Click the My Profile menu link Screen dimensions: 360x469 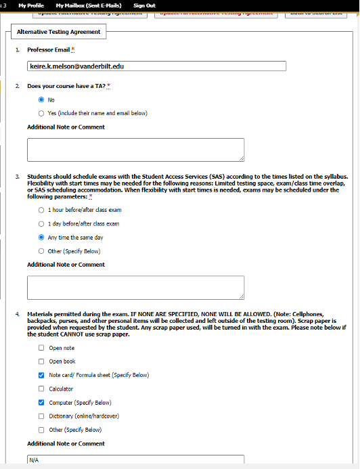pyautogui.click(x=30, y=5)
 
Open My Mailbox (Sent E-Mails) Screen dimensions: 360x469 pyautogui.click(x=85, y=5)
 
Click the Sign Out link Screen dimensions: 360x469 pyautogui.click(x=144, y=5)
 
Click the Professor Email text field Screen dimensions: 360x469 pyautogui.click(x=135, y=66)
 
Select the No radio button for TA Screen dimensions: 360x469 pyautogui.click(x=41, y=99)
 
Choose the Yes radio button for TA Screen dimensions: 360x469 pyautogui.click(x=41, y=113)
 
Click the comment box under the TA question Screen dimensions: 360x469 pyautogui.click(x=135, y=149)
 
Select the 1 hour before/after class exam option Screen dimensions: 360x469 pyautogui.click(x=41, y=210)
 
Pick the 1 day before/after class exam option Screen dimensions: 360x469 pyautogui.click(x=41, y=223)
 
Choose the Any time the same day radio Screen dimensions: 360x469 pyautogui.click(x=41, y=238)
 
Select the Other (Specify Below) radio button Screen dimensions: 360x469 pyautogui.click(x=41, y=251)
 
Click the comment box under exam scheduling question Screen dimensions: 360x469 pyautogui.click(x=135, y=287)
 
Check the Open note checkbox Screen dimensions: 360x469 pyautogui.click(x=41, y=348)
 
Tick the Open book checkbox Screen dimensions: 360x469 pyautogui.click(x=41, y=361)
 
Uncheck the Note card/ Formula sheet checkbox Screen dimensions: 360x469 pyautogui.click(x=41, y=375)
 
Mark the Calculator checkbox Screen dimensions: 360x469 pyautogui.click(x=41, y=389)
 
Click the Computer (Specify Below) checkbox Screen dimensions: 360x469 pyautogui.click(x=41, y=403)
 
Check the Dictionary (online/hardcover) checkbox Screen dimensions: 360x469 pyautogui.click(x=41, y=416)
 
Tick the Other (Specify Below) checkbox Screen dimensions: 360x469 pyautogui.click(x=41, y=430)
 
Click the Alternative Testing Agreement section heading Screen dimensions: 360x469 pyautogui.click(x=58, y=32)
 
